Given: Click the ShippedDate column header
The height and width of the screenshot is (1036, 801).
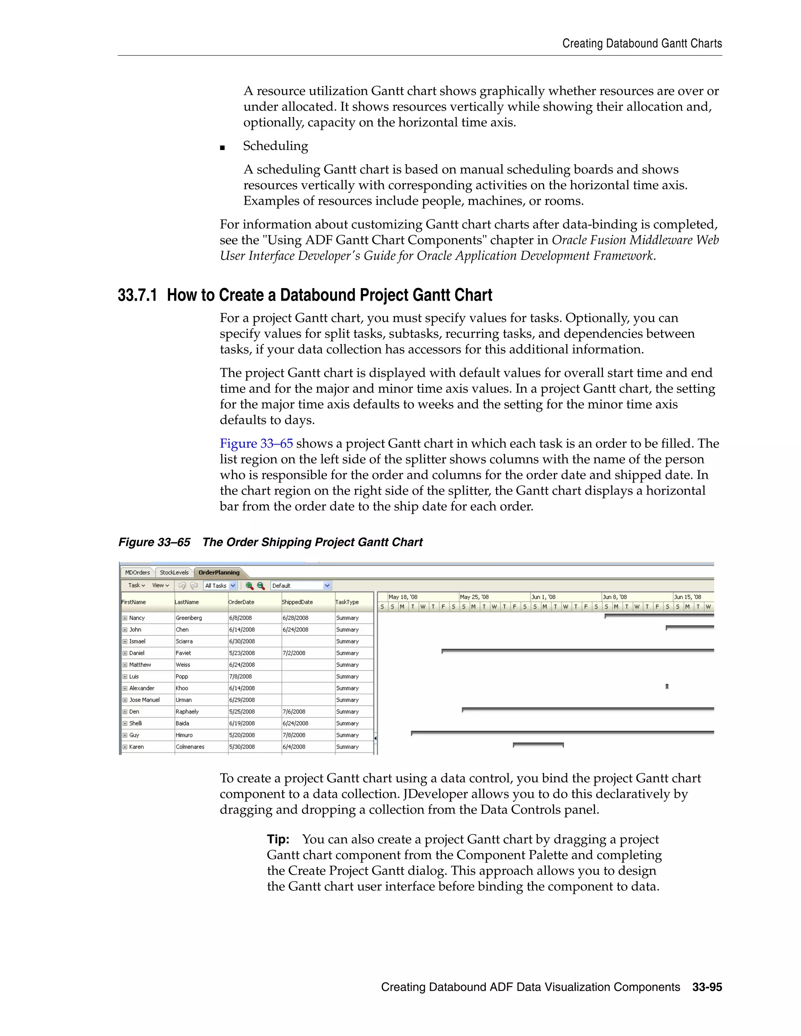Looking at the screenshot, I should [297, 602].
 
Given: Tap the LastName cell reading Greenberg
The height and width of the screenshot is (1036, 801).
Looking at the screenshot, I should [189, 618].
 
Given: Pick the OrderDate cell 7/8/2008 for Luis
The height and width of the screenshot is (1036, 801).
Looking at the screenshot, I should [241, 676].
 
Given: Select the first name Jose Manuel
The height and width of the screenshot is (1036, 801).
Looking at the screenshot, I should [144, 700].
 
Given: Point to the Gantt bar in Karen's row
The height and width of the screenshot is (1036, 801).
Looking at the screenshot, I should [538, 744].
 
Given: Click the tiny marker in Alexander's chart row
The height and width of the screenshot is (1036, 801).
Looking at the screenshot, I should [667, 686].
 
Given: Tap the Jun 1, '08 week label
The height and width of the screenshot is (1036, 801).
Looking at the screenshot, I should [543, 597].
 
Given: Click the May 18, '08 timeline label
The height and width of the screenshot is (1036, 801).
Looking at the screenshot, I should [403, 597].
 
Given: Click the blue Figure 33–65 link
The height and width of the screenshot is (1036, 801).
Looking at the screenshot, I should [256, 444].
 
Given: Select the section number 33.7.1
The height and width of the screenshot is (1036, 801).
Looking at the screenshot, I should [137, 295].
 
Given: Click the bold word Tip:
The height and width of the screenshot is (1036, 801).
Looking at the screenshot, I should [278, 839].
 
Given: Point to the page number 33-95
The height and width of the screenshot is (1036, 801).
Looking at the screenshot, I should [707, 987].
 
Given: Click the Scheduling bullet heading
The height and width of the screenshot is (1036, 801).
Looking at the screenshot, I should [275, 146].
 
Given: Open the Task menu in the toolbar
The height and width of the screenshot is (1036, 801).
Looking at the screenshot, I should [136, 585].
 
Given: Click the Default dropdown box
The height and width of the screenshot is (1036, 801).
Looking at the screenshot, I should [300, 585].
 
